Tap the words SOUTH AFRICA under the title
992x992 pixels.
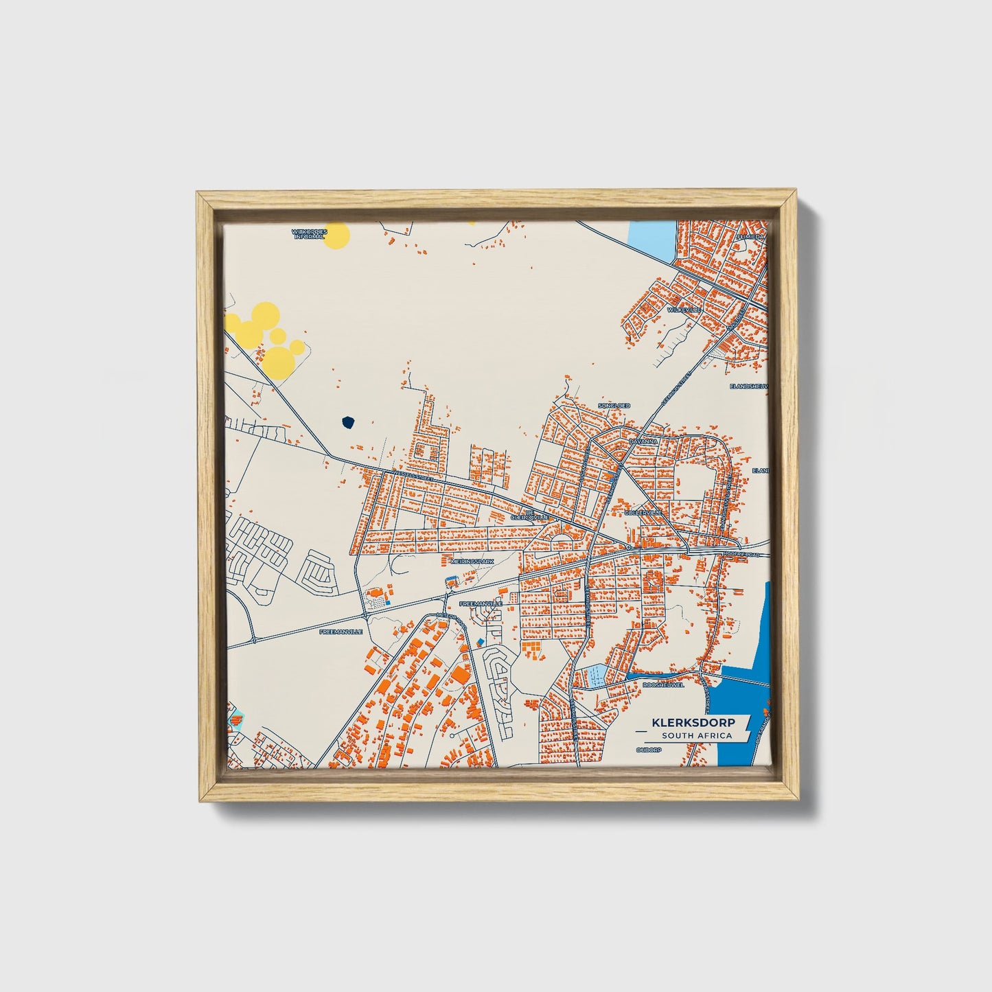click(696, 736)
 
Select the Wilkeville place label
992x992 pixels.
click(684, 310)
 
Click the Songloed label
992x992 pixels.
click(614, 406)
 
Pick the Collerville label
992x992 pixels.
click(643, 512)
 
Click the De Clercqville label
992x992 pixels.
click(529, 514)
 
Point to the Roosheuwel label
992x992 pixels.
click(663, 684)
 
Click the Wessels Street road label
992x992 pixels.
click(413, 476)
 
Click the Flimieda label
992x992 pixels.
click(750, 236)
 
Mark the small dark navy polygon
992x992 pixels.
click(349, 422)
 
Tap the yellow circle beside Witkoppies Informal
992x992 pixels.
click(336, 235)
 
